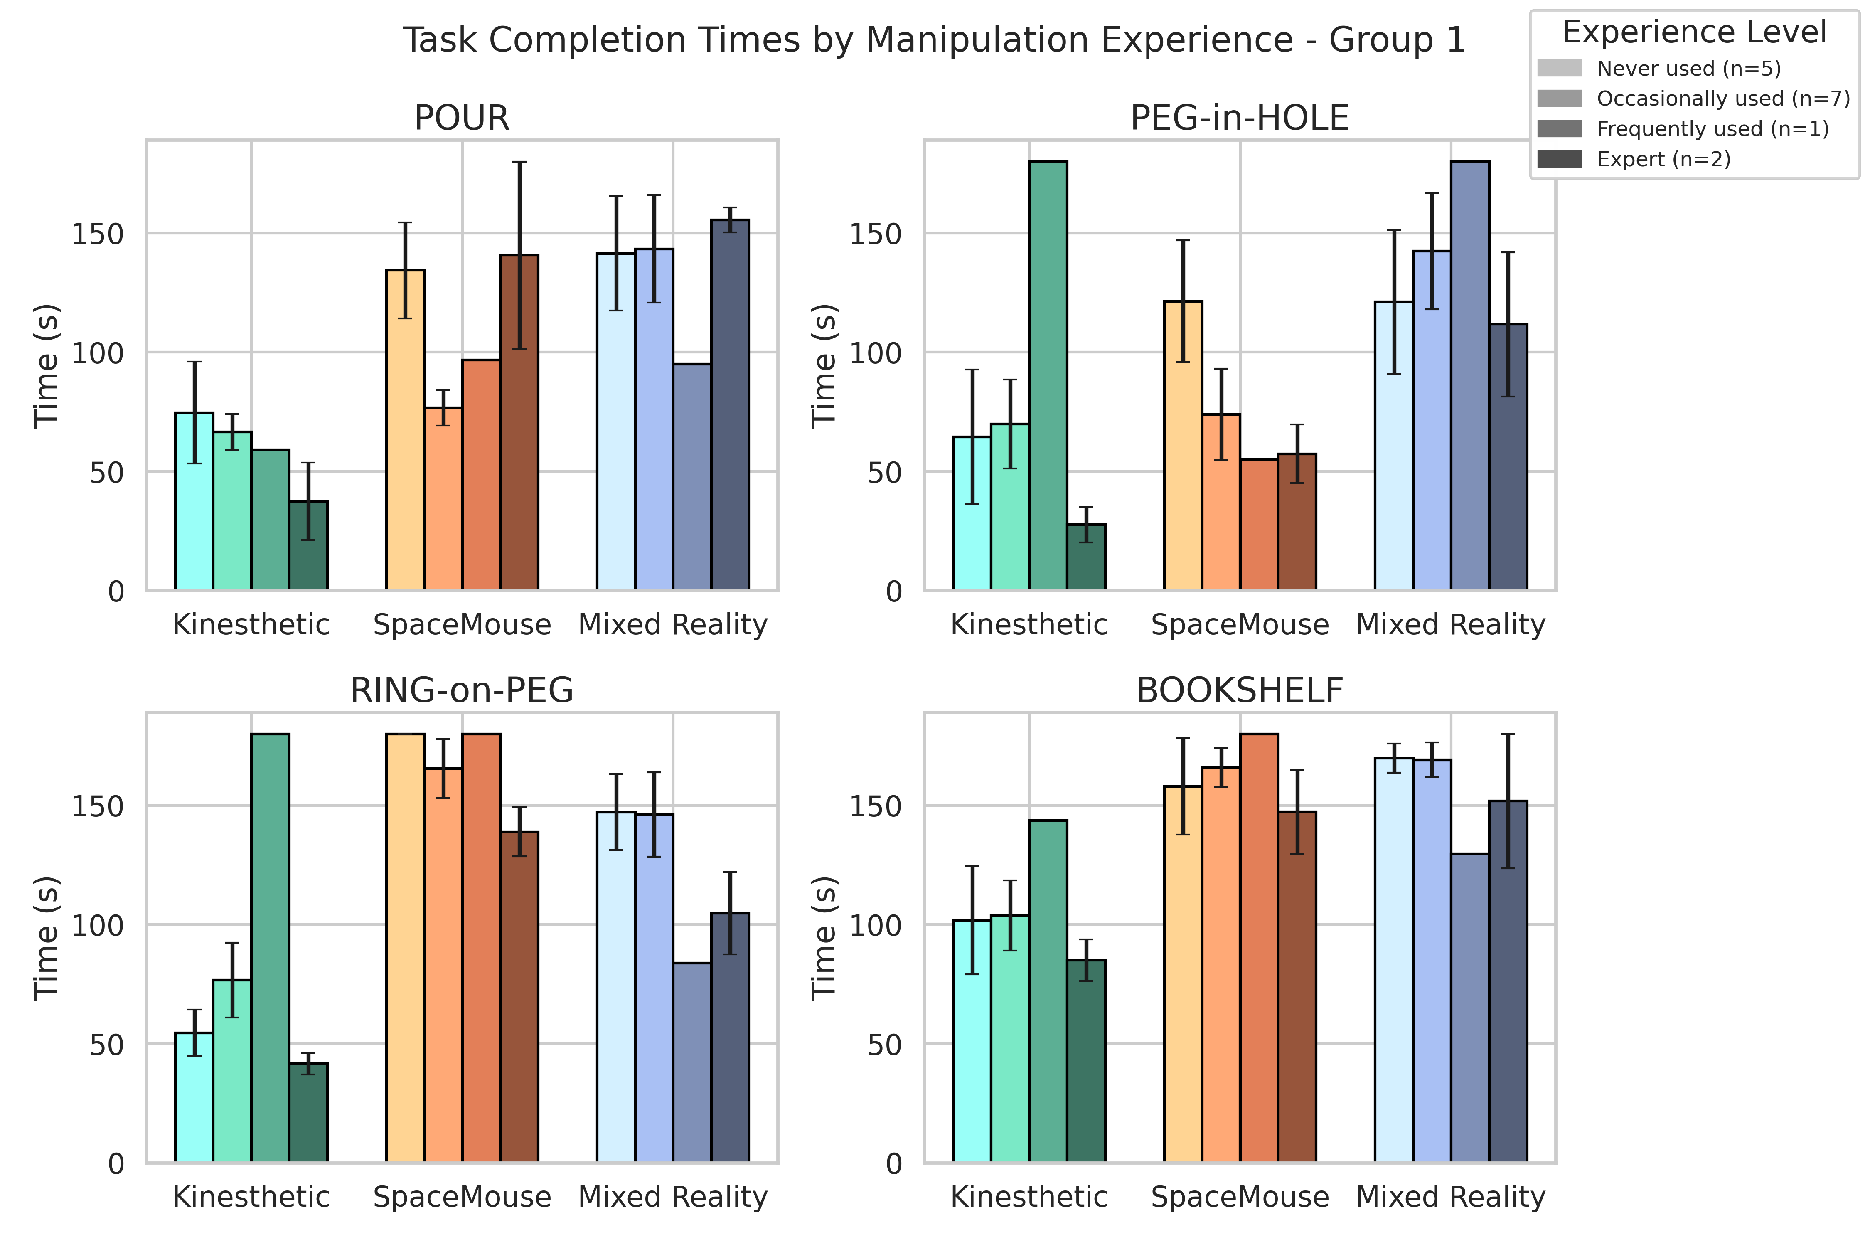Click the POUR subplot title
pos(461,118)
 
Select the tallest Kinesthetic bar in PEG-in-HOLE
pos(1048,374)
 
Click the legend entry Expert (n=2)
pos(1663,159)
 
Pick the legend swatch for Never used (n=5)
pos(1559,69)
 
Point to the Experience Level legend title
pos(1694,32)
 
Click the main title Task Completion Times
pos(934,40)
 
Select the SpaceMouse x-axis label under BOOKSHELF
pos(1240,1196)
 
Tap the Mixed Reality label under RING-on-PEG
pos(673,1196)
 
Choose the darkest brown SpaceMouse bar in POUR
pos(519,421)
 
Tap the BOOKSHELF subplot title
pos(1240,690)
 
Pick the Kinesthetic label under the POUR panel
pos(251,624)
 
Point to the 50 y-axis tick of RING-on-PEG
pos(106,1044)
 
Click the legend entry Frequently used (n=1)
pos(1713,129)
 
